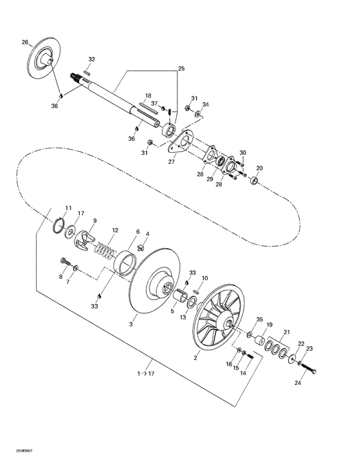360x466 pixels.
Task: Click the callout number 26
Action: click(25, 42)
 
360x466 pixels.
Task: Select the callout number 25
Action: click(181, 68)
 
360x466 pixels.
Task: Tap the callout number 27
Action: click(172, 162)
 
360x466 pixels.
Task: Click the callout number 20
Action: click(260, 168)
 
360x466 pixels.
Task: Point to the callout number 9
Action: click(94, 220)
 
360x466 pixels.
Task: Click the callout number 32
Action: click(91, 59)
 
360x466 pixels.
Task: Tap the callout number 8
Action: click(61, 277)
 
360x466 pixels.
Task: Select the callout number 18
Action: click(148, 95)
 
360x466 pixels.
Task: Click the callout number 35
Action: click(260, 319)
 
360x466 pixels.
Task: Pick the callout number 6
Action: click(137, 232)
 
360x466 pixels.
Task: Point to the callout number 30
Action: click(243, 153)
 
